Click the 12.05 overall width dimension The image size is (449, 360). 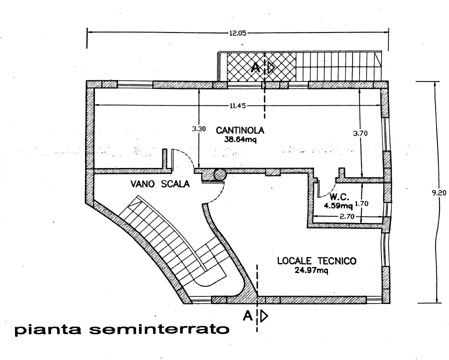(x=237, y=33)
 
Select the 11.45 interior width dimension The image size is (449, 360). (x=237, y=105)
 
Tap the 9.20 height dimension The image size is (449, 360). (x=439, y=193)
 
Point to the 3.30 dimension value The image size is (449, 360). (x=198, y=129)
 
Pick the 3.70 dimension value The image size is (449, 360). (x=360, y=133)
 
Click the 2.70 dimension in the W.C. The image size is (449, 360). (x=347, y=216)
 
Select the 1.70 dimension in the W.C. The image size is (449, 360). (x=361, y=203)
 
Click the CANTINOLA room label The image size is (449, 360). (x=240, y=130)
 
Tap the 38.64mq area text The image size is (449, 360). (x=240, y=140)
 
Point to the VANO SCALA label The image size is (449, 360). (x=160, y=183)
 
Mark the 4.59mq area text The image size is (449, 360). (x=338, y=205)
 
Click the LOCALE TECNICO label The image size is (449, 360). (x=317, y=261)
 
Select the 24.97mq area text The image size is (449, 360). (x=311, y=270)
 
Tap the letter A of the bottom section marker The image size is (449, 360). (x=247, y=316)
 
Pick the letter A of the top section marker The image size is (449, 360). (x=255, y=68)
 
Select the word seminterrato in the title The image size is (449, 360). (x=159, y=329)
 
